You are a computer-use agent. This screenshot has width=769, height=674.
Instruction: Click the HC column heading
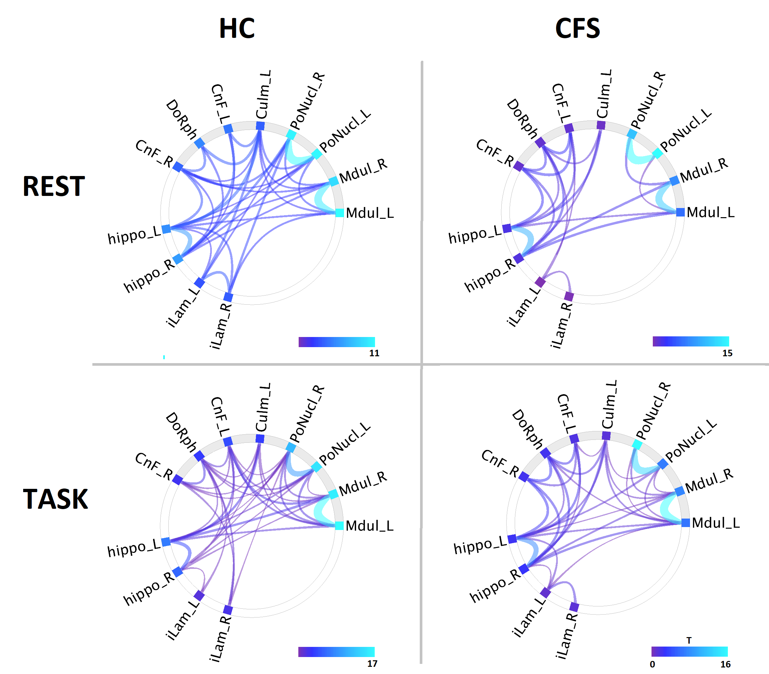coord(237,29)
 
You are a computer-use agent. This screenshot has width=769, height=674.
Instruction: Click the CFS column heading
coord(578,29)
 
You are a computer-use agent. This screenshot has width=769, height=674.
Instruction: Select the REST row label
coord(54,186)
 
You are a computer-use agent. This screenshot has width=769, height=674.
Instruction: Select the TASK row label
coord(55,500)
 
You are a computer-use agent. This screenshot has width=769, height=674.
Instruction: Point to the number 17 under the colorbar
coord(372,664)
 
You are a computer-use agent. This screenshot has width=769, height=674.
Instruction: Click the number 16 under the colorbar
coord(725,664)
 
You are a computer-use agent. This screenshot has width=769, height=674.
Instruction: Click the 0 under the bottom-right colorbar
coord(652,664)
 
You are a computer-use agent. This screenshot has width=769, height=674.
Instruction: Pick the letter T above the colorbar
coord(689,640)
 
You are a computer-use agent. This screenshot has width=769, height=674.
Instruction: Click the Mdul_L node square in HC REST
coord(339,213)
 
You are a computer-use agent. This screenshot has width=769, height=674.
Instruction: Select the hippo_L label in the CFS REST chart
coord(475,235)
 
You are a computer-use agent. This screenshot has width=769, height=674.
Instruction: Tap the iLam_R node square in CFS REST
coord(569,297)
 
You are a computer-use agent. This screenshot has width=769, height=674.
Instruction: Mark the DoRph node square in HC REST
coord(199,143)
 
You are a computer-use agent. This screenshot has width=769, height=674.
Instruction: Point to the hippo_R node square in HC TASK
coord(178,572)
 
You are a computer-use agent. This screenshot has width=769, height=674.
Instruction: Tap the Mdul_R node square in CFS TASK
coord(679,491)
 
